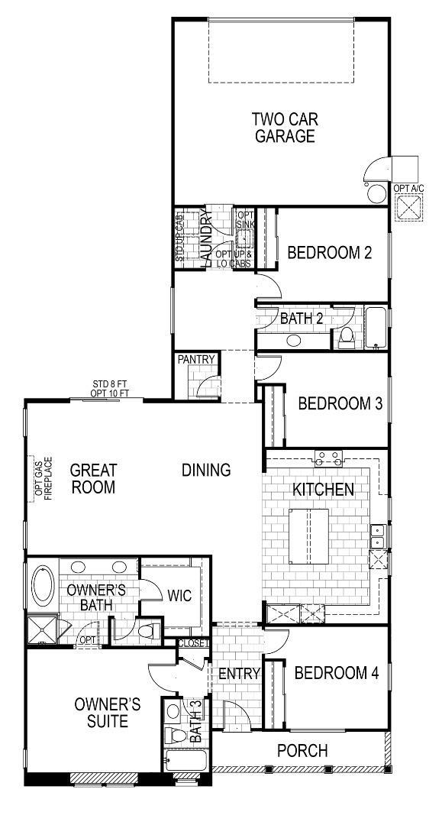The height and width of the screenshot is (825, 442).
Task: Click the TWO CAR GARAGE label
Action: point(285,128)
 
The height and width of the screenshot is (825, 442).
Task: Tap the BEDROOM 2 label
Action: point(329,252)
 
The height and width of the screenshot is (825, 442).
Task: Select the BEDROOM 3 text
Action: point(340,403)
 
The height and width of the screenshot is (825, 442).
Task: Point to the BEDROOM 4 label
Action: point(336,673)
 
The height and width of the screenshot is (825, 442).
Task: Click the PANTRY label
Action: point(197,359)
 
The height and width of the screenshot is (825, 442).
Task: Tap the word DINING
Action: point(206,470)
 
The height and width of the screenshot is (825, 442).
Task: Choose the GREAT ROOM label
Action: point(93,477)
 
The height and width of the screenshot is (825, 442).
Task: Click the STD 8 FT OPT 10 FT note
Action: point(110,388)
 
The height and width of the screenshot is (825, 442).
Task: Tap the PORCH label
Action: point(302,751)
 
